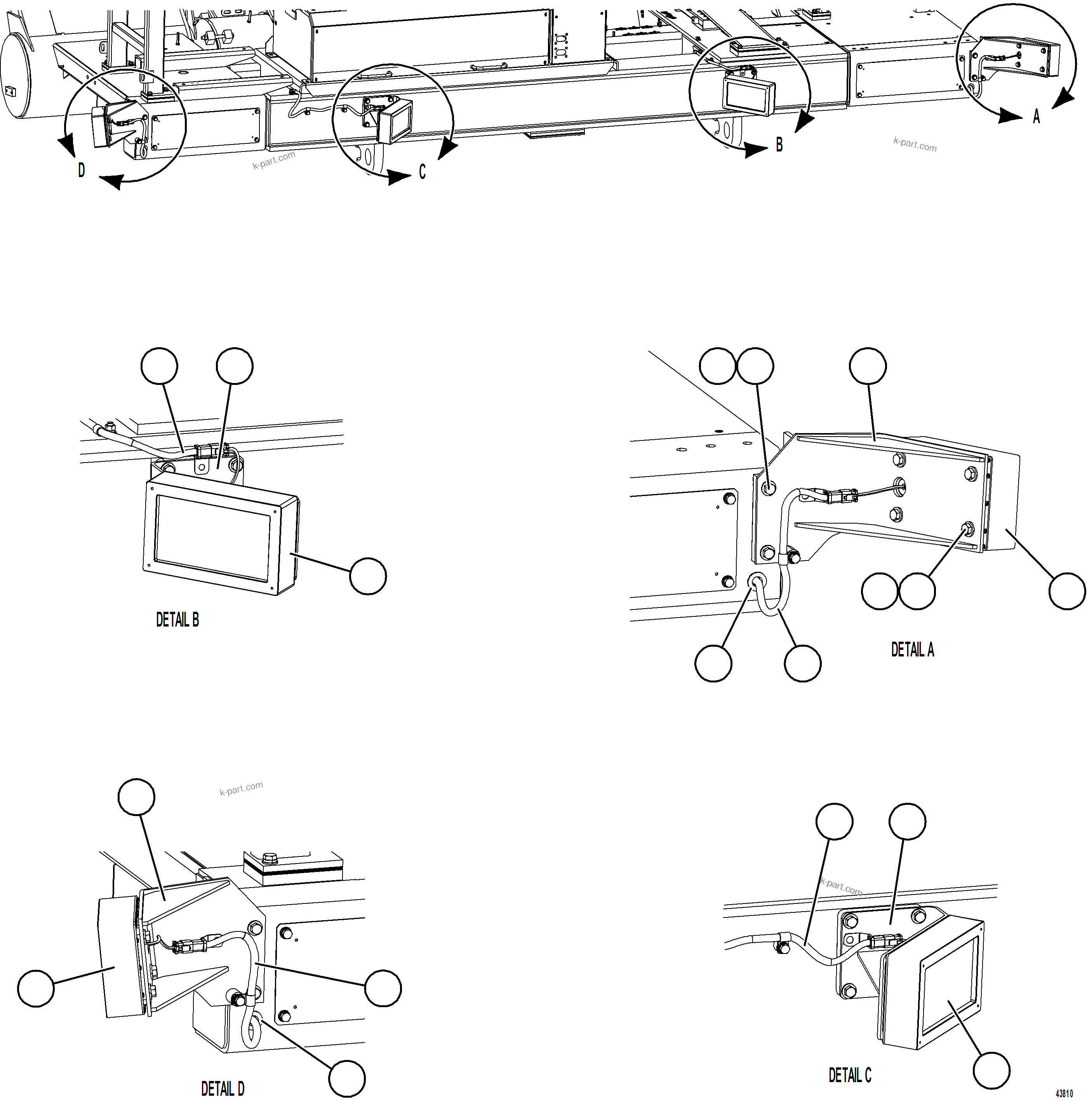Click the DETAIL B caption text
pos(177,620)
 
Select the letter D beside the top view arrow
pos(82,170)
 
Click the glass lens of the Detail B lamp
pos(212,537)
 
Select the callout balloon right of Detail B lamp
pos(367,576)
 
